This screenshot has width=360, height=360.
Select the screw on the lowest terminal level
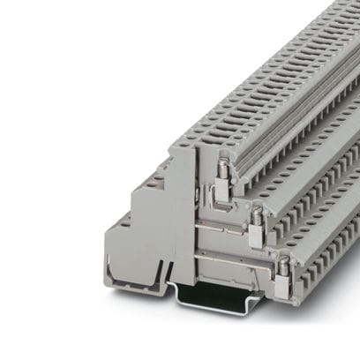(x=284, y=262)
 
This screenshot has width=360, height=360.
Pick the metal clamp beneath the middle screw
(x=255, y=236)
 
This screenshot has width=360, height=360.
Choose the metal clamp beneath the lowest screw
(x=283, y=284)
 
